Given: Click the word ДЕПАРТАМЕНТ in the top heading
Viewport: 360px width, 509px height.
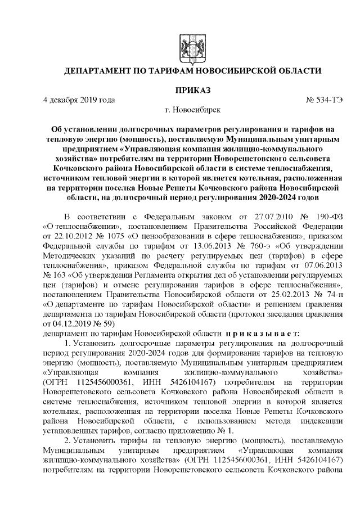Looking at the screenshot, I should (101, 71).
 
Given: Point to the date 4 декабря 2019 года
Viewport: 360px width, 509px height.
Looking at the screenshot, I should (79, 101).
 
